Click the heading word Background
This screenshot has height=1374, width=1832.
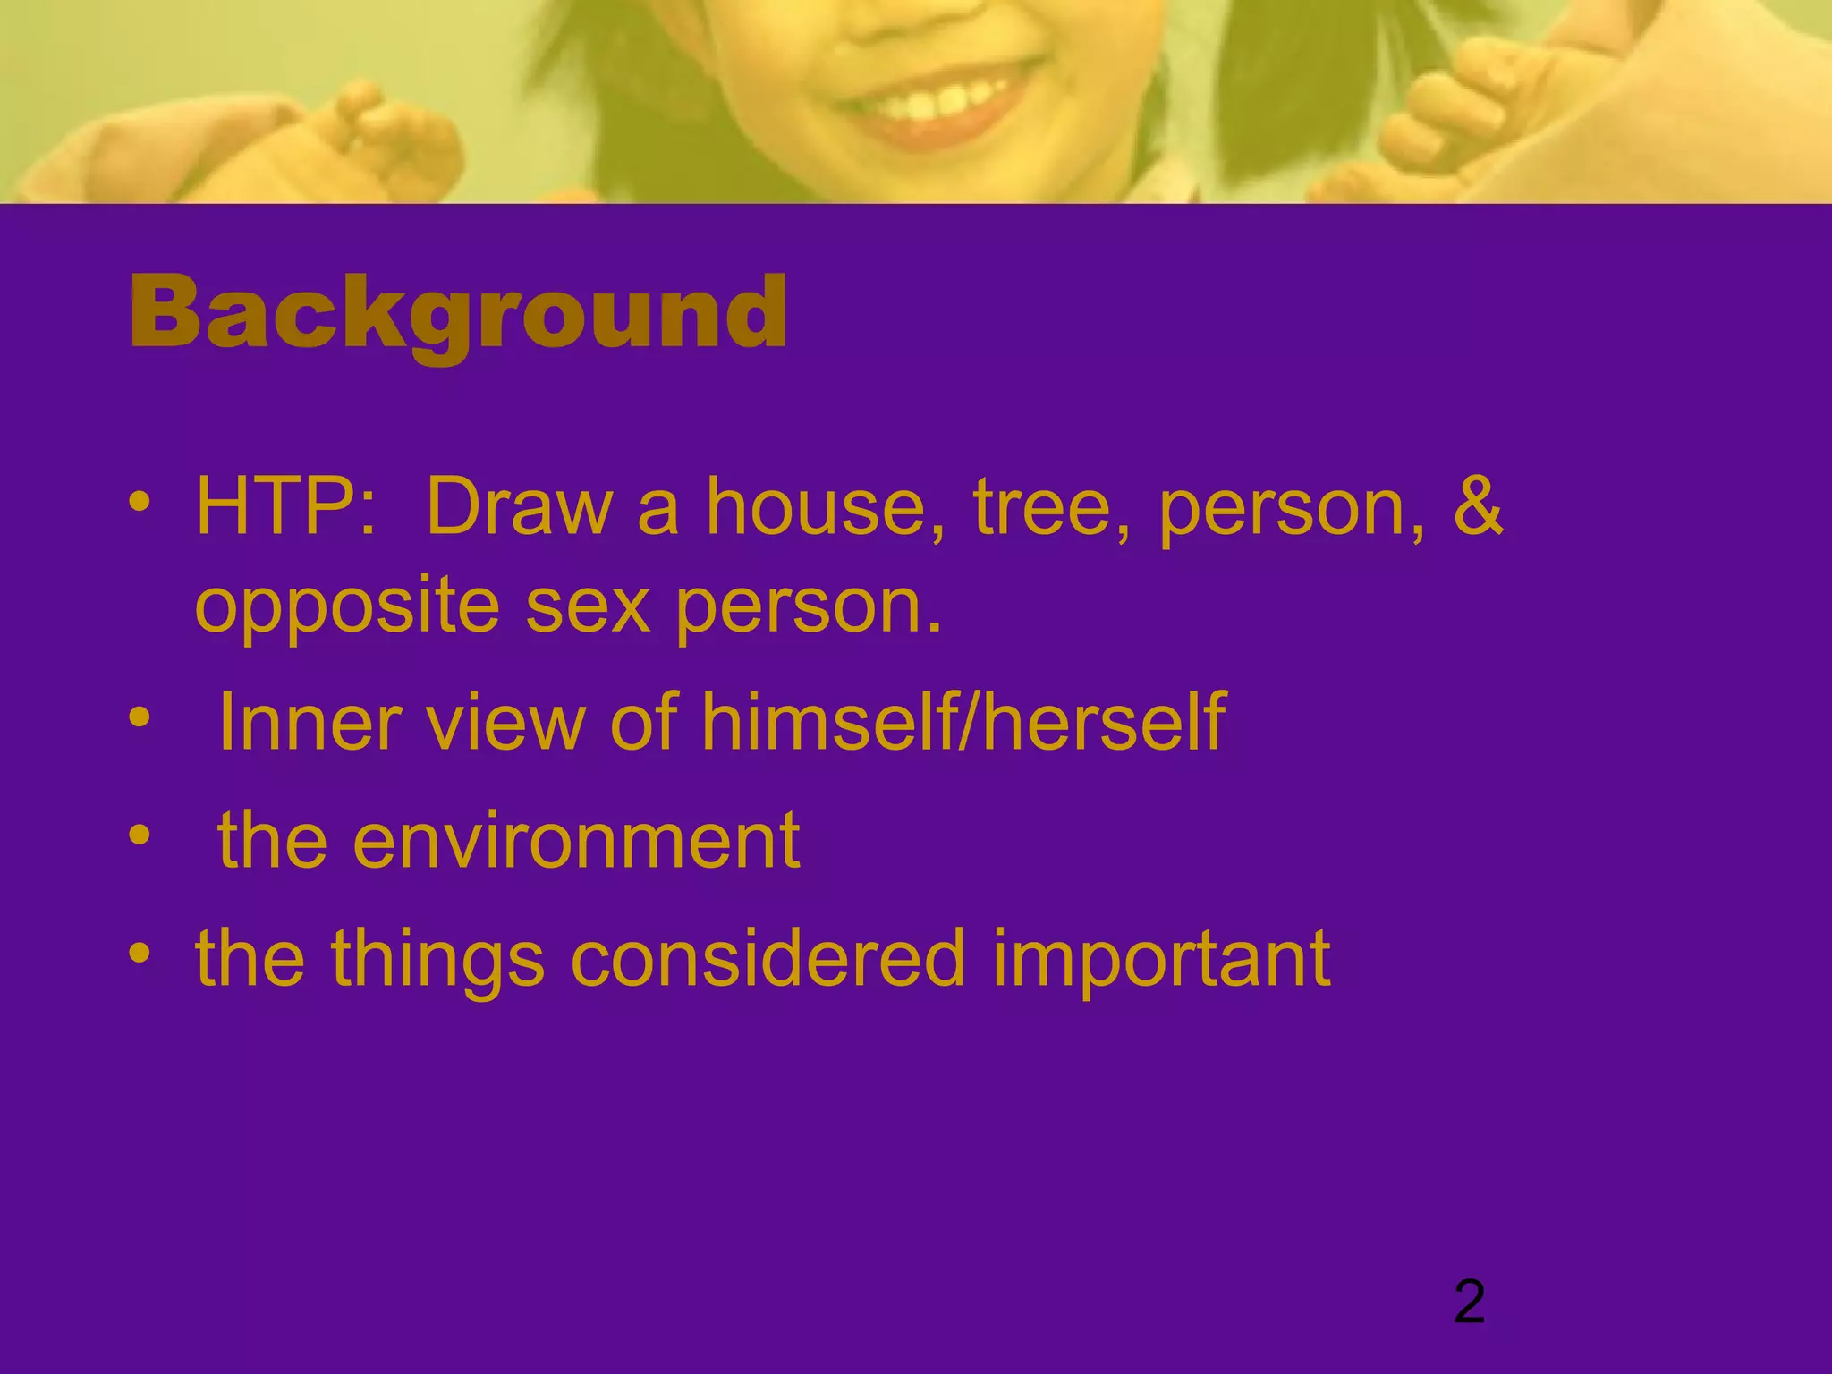[458, 313]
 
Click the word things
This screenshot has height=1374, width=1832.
[437, 959]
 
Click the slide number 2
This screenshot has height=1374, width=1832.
[1470, 1302]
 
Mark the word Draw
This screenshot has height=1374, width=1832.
[519, 506]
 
